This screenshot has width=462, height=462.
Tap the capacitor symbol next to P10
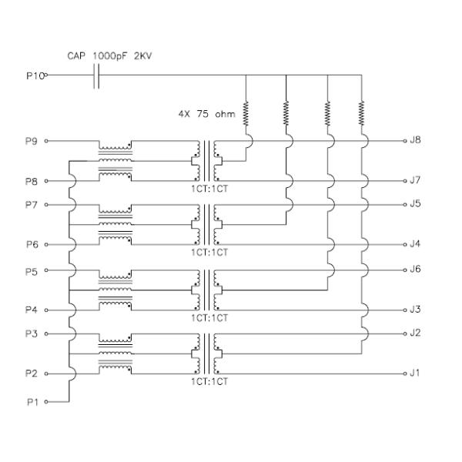point(95,75)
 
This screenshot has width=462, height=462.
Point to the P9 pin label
point(32,141)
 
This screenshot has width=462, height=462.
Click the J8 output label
point(417,141)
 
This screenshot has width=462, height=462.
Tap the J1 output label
point(416,373)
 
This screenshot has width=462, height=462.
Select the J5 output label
point(417,205)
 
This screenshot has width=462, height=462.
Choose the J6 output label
point(417,269)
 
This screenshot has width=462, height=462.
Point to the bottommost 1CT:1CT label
point(208,380)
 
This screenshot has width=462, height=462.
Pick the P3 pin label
point(32,333)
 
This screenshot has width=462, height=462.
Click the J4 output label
point(417,244)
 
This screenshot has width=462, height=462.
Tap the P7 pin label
point(32,205)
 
